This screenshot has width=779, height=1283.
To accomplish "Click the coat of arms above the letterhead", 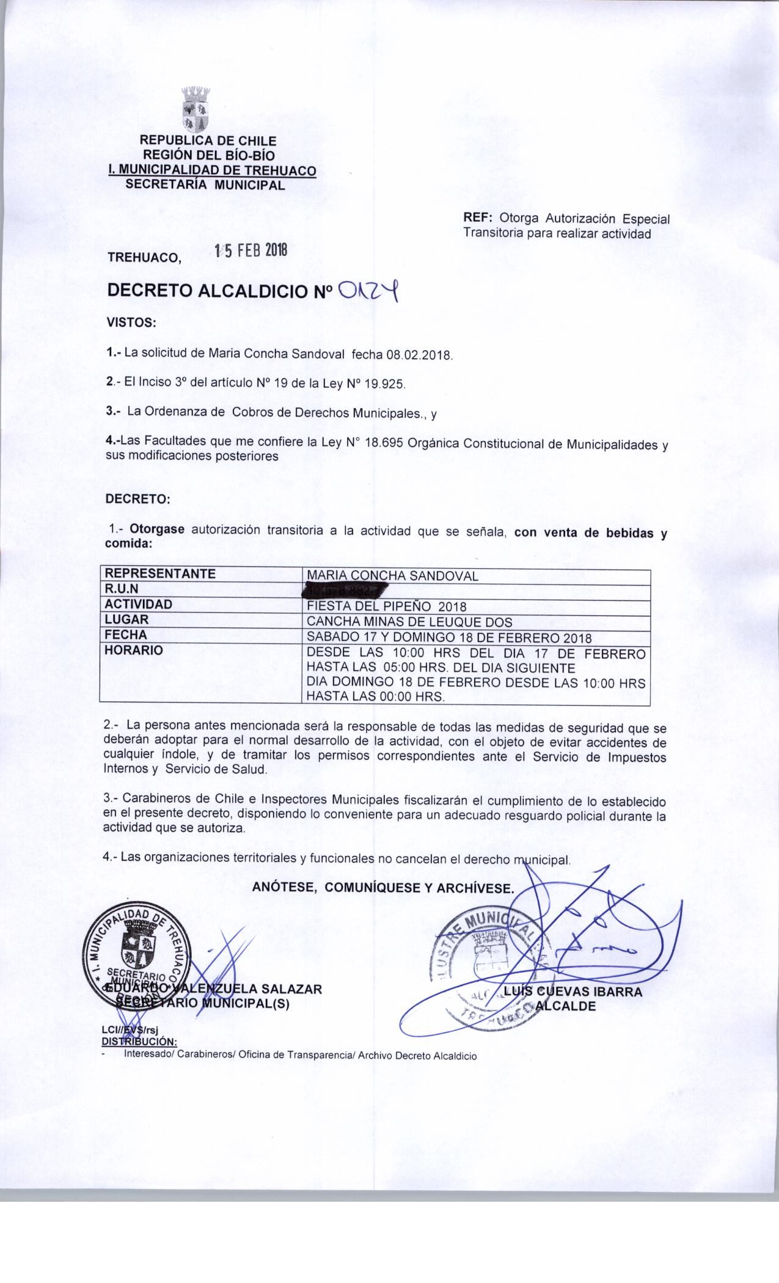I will click(x=196, y=110).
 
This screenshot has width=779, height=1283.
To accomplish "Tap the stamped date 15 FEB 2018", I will click(x=250, y=251).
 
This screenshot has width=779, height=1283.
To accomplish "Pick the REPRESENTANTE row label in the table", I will click(x=161, y=574).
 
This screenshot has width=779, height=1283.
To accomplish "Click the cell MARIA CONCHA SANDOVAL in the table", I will click(x=392, y=576).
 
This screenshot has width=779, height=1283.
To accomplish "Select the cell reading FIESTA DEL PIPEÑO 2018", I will click(x=387, y=607).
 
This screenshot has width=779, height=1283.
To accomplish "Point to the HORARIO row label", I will click(x=134, y=651).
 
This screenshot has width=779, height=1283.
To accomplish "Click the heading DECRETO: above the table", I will click(x=138, y=499).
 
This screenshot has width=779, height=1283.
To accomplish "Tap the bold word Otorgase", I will click(x=157, y=530).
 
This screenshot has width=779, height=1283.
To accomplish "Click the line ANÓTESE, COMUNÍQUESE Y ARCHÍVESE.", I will click(x=383, y=888).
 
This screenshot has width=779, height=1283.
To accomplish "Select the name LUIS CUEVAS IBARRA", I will click(x=574, y=992).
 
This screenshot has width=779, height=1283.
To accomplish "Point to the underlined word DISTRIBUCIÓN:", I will click(x=139, y=1041).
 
